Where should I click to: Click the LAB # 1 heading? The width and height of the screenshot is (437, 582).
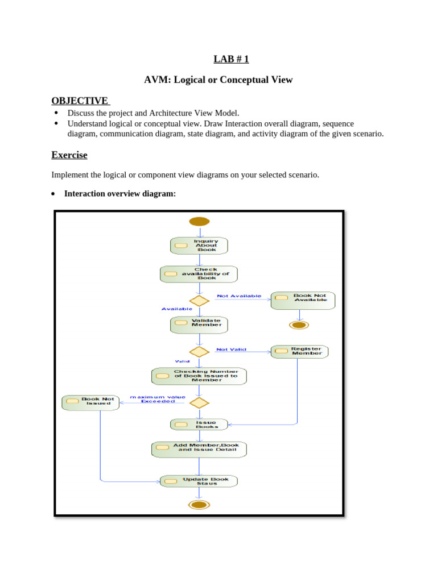point(231,59)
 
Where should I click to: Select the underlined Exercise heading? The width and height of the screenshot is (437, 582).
point(69,155)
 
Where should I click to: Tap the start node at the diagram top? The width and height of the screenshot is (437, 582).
point(199,222)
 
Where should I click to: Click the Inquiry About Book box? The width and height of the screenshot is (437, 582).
point(199,246)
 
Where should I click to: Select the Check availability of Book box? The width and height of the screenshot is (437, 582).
point(199,274)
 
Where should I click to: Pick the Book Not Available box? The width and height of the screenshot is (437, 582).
point(303,300)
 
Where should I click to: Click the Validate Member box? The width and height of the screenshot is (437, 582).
point(199,325)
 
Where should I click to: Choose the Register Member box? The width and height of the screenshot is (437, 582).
point(299,351)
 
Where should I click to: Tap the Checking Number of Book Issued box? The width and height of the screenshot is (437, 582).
point(199,376)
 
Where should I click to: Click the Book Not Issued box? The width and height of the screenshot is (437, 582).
point(91,402)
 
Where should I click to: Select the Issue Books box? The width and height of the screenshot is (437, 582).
point(199,425)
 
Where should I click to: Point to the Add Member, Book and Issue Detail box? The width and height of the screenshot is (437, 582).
point(199,450)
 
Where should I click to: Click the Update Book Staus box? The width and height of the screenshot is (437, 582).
point(199,481)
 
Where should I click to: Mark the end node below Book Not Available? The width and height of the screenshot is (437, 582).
point(299,325)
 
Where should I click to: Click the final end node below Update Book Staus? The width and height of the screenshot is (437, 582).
point(199,505)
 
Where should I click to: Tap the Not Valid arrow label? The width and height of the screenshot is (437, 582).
point(231,350)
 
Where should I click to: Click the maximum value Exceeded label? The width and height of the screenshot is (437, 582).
point(154,399)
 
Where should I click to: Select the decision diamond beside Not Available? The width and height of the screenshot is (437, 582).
point(199,301)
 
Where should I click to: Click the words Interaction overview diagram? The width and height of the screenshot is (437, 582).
point(120,194)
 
